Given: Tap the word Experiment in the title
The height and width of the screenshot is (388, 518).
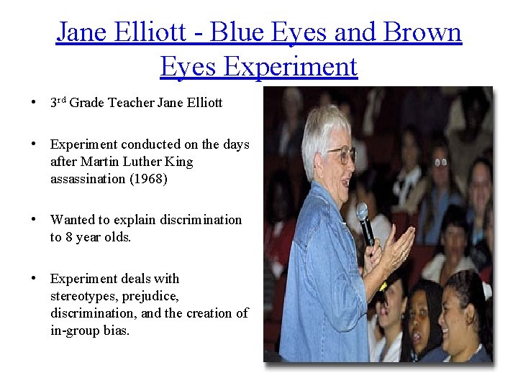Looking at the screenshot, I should tap(291, 66).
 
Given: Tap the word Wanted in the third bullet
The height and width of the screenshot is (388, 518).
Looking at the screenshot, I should tap(71, 220).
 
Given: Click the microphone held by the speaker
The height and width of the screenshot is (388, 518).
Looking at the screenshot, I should tap(365, 223).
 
